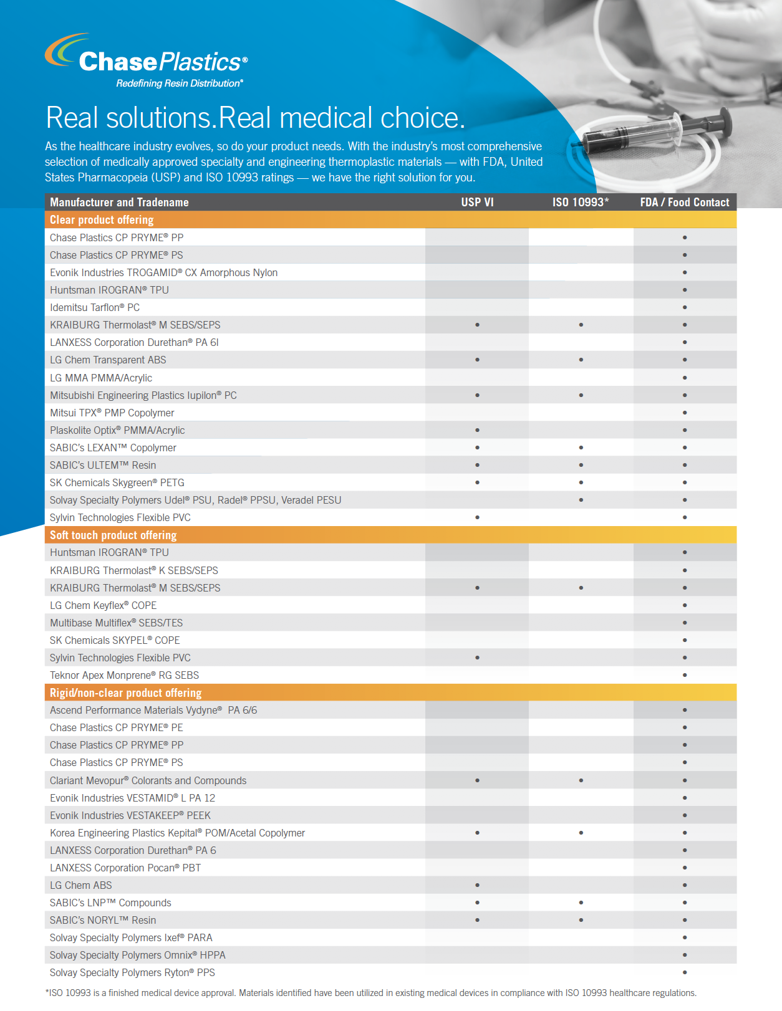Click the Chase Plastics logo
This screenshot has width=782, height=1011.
point(147,60)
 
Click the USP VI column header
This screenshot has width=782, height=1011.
point(477,202)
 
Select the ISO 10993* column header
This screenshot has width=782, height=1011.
point(580,202)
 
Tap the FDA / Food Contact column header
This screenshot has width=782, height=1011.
point(684,202)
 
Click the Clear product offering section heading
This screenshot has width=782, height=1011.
point(102,219)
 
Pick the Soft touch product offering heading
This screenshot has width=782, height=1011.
point(113,535)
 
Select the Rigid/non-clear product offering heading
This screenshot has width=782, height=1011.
point(125,692)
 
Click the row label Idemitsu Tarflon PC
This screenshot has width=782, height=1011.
point(95,307)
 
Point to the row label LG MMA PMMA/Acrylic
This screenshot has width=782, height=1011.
point(101,378)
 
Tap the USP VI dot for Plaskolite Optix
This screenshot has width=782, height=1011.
point(477,430)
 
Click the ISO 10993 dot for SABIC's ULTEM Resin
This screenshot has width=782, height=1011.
point(581,465)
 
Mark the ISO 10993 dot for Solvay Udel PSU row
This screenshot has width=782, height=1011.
point(581,500)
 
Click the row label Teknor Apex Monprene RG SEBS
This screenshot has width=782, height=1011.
point(124,675)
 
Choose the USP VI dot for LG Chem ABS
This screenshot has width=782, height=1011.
point(477,885)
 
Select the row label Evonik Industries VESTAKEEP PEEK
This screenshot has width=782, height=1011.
point(130,815)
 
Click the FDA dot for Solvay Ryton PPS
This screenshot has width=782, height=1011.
point(685,972)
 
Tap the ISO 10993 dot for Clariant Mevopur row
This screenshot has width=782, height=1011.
point(581,780)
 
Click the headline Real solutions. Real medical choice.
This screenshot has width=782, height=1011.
point(256,117)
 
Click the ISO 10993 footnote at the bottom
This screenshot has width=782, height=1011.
point(370,993)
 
